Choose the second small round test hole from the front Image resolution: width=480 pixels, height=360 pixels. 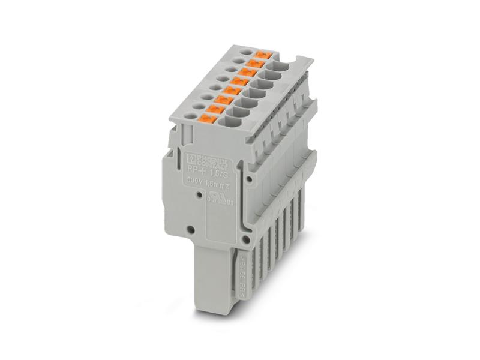click(x=199, y=104)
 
